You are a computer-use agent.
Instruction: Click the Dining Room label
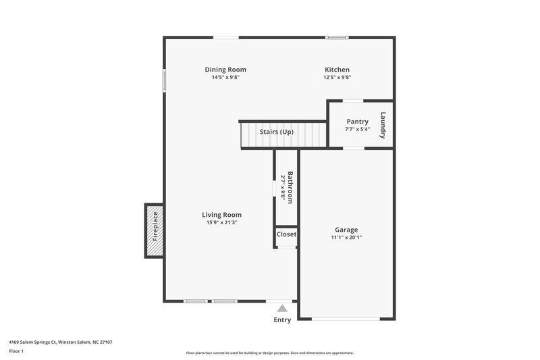[225, 70]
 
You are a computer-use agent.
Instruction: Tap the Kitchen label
[337, 70]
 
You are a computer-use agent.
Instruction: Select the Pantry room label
[357, 122]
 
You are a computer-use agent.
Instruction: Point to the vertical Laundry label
[383, 125]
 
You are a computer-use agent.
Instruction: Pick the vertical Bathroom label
[290, 188]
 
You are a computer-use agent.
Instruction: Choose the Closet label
[286, 234]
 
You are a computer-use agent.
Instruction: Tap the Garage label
[346, 230]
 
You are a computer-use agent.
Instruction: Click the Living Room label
[221, 215]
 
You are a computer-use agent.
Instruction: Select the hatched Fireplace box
[154, 230]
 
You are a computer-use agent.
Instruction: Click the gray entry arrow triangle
[282, 308]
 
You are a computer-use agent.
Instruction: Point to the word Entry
[282, 320]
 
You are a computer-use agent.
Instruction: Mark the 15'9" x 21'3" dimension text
[221, 222]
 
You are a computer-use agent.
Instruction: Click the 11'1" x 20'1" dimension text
[346, 237]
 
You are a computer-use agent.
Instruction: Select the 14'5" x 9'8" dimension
[225, 77]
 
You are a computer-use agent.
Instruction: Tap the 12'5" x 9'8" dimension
[337, 77]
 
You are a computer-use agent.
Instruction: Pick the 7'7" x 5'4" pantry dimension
[357, 129]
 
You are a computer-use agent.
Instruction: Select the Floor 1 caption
[17, 352]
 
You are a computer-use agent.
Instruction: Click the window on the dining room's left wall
[164, 80]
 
